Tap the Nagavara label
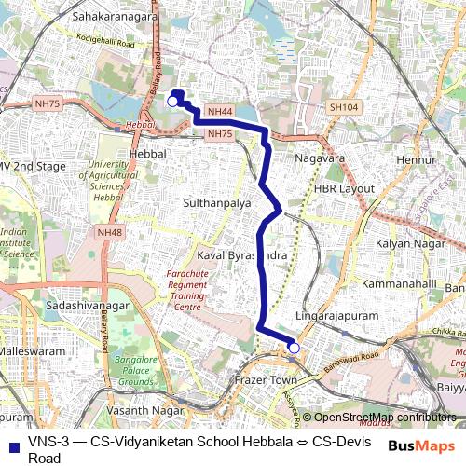(x=319, y=158)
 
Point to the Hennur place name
(x=416, y=161)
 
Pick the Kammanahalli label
(x=399, y=282)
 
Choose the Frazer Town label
(x=264, y=382)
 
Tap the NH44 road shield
(x=220, y=112)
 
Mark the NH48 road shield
(x=109, y=232)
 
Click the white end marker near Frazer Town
(x=295, y=348)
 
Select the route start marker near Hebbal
(x=173, y=100)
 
